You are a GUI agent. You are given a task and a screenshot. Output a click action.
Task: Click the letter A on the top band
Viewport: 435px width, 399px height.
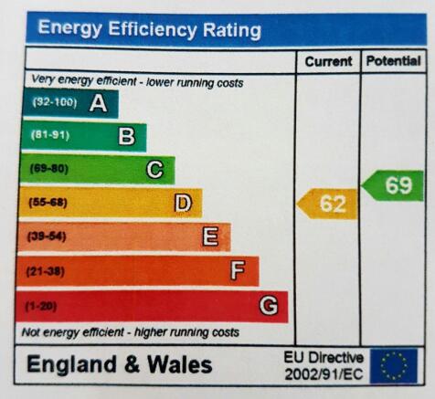99,103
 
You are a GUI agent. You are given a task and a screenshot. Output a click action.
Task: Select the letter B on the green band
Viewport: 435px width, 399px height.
126,136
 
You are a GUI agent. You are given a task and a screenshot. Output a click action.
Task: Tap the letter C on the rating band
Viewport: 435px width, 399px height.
155,170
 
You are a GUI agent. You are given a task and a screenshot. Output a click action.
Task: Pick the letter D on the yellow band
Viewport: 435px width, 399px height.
183,203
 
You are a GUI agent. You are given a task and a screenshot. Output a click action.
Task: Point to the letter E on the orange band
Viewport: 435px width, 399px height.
210,236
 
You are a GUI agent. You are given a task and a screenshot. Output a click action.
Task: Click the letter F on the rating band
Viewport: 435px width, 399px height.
238,270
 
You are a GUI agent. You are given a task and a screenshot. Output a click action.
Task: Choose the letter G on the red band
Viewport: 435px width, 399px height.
269,305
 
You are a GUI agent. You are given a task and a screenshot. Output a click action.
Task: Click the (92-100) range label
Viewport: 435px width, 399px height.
55,102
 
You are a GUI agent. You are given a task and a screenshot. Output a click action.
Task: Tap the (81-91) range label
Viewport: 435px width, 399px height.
50,135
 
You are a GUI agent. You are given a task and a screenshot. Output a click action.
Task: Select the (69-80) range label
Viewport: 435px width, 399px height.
49,169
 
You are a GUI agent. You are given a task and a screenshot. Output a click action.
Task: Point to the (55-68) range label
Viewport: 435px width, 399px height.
48,203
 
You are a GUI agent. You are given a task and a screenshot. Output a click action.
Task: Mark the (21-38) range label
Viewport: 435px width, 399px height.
46,271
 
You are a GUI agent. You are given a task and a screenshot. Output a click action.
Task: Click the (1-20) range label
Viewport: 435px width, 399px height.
41,306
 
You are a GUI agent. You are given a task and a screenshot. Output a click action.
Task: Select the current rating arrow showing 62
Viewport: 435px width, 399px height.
326,204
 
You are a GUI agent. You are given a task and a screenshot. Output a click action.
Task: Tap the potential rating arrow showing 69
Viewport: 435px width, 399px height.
392,185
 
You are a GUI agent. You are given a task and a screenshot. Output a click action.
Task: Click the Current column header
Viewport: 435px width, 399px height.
328,62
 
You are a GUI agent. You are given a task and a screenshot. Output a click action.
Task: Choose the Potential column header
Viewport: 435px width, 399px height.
394,61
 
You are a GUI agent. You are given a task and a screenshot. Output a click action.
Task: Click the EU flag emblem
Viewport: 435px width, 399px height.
394,366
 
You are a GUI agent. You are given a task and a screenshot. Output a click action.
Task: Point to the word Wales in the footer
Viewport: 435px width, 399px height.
180,364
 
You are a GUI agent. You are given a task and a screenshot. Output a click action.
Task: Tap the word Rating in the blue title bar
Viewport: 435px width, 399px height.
232,30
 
